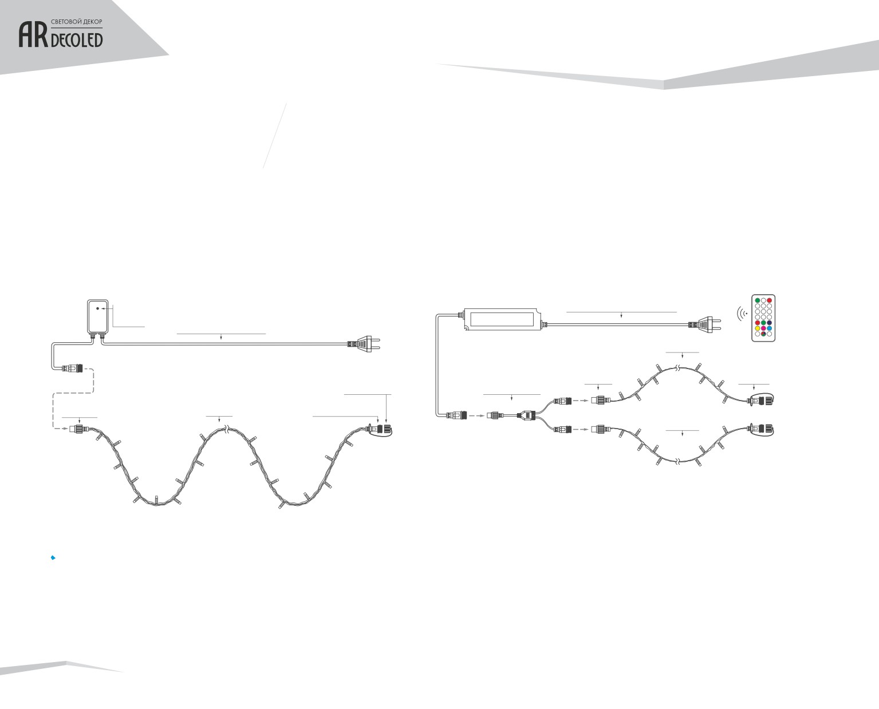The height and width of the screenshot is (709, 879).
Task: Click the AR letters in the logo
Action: (33, 35)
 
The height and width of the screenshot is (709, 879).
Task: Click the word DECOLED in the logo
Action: (77, 40)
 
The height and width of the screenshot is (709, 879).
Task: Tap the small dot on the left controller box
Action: (97, 308)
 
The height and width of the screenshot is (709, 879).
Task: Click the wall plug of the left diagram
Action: (364, 343)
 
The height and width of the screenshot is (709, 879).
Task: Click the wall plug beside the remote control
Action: (705, 324)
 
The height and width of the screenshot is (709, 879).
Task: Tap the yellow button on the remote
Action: (757, 328)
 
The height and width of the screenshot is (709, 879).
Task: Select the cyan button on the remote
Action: (769, 328)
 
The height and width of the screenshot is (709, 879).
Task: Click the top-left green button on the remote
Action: (757, 300)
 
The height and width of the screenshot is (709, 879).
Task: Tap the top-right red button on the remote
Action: (769, 300)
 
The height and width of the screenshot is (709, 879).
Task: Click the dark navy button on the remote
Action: (769, 323)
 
